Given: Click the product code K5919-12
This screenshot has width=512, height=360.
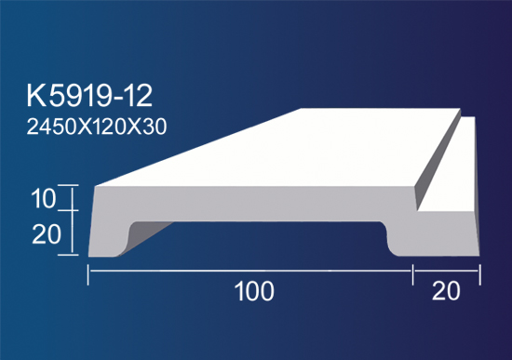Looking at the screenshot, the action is coord(89,96).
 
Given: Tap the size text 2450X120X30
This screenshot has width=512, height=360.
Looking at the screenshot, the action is coord(97,127).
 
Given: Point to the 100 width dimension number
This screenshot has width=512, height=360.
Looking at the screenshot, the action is coord(254,291).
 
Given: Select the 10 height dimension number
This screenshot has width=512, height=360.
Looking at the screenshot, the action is coord(44,199).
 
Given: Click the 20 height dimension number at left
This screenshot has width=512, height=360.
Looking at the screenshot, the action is coord(47,234).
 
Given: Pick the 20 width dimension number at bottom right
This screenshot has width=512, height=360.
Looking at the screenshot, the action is coord(446,291).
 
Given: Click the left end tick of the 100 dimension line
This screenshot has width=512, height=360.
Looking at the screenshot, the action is coord(88,274).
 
